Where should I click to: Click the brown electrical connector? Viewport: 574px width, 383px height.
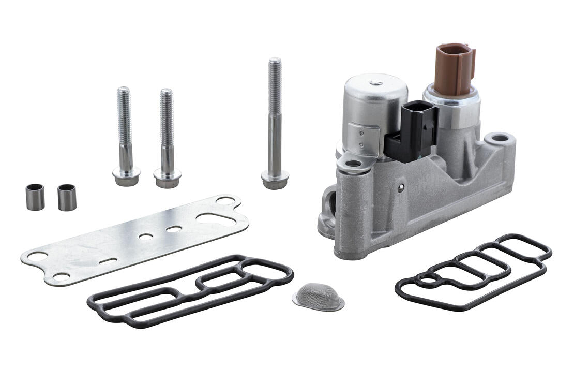click(x=454, y=69)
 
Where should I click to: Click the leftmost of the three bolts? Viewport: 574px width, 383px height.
click(x=125, y=135)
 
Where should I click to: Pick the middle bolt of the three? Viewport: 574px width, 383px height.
click(x=167, y=137)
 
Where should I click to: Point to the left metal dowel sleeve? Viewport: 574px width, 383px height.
click(x=35, y=197)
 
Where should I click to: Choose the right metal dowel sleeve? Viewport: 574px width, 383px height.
click(x=67, y=197)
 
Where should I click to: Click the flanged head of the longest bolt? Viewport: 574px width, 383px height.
click(x=275, y=180)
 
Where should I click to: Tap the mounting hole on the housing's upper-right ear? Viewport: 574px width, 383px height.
click(x=500, y=138)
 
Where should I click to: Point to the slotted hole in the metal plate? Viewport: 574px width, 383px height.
click(x=108, y=261)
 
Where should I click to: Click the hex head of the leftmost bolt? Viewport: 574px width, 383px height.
click(x=126, y=176)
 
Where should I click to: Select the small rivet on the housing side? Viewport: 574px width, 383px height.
click(x=401, y=188)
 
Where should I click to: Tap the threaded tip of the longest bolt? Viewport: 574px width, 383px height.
click(x=275, y=65)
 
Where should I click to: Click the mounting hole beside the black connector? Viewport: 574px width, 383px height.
click(x=354, y=164)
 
